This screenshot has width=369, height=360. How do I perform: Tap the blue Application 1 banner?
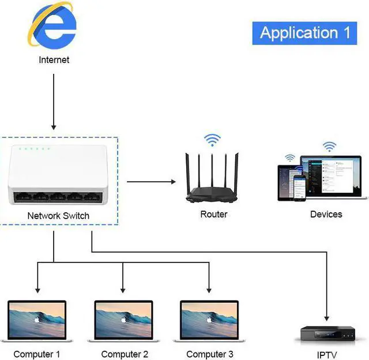point(305,32)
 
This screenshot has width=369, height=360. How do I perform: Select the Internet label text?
point(54,59)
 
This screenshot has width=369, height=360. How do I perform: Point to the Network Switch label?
point(58,215)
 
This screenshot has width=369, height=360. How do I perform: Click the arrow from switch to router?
point(151,182)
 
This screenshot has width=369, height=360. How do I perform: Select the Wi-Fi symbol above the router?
point(212,140)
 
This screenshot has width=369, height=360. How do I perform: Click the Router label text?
point(213,214)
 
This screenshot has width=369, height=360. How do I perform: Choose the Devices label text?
point(326,214)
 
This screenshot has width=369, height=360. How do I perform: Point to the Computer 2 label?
point(125,354)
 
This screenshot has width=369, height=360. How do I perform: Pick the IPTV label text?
point(326,355)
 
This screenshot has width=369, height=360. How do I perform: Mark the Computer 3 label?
point(210,354)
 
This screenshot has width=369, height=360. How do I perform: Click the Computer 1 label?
point(37,354)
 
